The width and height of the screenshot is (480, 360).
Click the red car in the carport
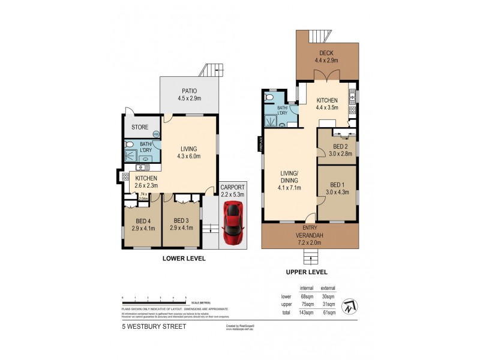(233, 224)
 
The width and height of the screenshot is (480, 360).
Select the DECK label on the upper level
(326, 53)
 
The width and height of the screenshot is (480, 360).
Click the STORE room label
(140, 127)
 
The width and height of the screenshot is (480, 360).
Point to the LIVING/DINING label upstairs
(289, 179)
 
